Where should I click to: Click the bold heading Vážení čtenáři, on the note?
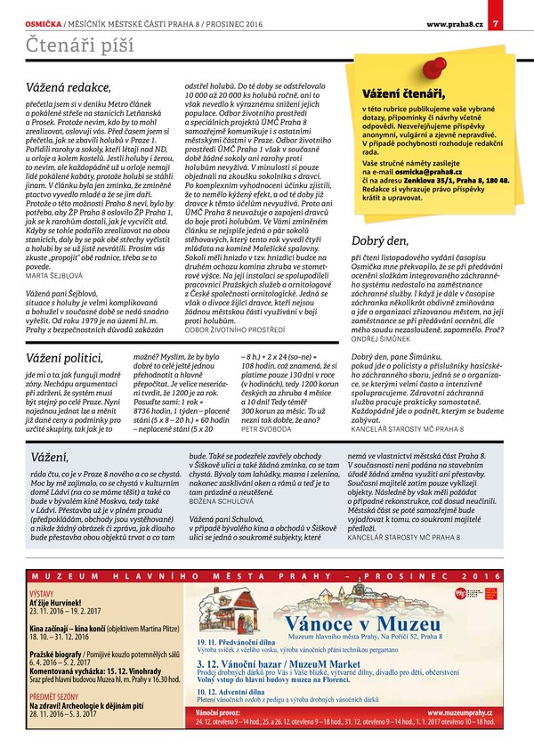click(402, 93)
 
